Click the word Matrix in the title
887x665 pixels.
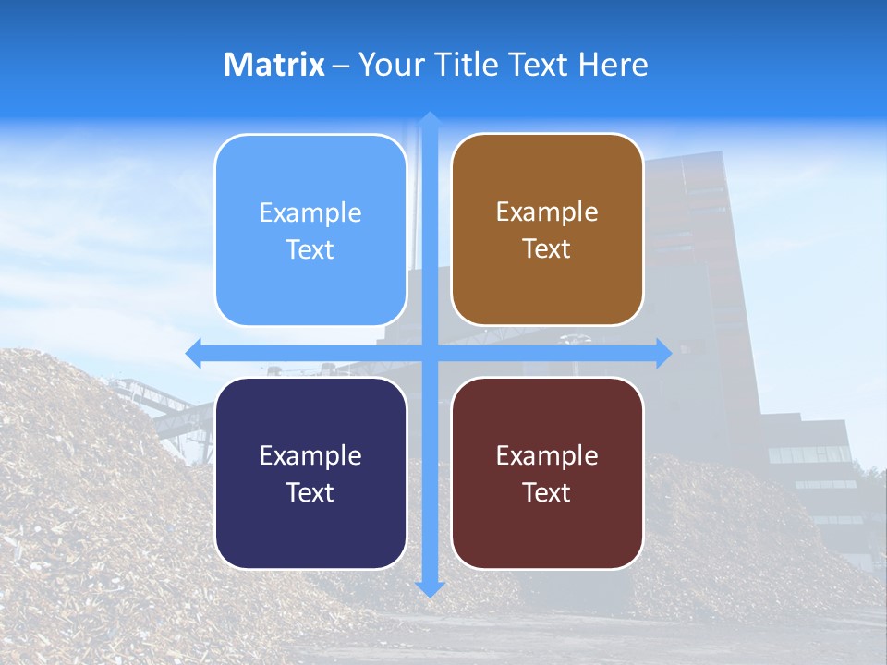click(274, 65)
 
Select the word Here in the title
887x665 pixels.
click(614, 65)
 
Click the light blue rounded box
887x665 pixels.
click(310, 230)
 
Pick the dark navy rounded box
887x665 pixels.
click(310, 473)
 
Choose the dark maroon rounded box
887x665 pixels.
click(547, 473)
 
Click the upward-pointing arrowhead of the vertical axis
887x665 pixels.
click(430, 118)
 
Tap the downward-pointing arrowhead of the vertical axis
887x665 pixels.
click(430, 588)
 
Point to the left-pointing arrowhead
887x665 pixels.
click(193, 353)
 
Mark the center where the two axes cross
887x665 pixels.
click(430, 353)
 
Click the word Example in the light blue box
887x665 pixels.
click(310, 213)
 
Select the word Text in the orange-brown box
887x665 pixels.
click(547, 249)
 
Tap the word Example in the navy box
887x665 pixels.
click(310, 456)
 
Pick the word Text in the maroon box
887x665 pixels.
click(547, 493)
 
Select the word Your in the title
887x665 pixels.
click(388, 65)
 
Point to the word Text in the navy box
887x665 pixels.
click(310, 493)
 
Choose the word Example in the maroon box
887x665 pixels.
click(547, 456)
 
